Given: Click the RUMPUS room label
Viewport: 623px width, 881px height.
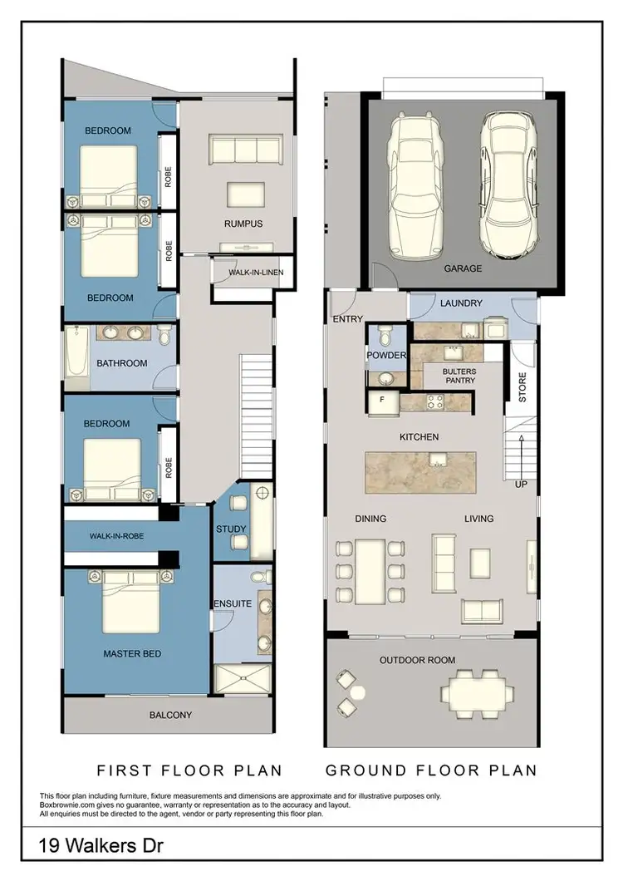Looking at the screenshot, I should pos(243,224).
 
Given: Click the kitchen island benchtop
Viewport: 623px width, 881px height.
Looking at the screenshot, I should pos(421,472).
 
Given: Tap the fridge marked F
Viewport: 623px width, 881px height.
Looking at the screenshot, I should pos(382,400).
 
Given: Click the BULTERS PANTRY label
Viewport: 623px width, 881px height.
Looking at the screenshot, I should pos(459,376).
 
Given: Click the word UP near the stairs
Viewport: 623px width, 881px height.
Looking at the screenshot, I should pos(520,484).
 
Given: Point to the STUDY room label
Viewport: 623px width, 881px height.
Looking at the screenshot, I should pos(231,529).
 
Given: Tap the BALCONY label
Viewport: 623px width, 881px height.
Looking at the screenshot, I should pos(170,715).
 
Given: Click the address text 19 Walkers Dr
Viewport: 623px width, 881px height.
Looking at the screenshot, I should pos(86,849).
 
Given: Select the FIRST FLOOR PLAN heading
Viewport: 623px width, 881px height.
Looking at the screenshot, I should pos(189,770).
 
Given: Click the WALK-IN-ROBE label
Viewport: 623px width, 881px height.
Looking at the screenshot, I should pos(116,536).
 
